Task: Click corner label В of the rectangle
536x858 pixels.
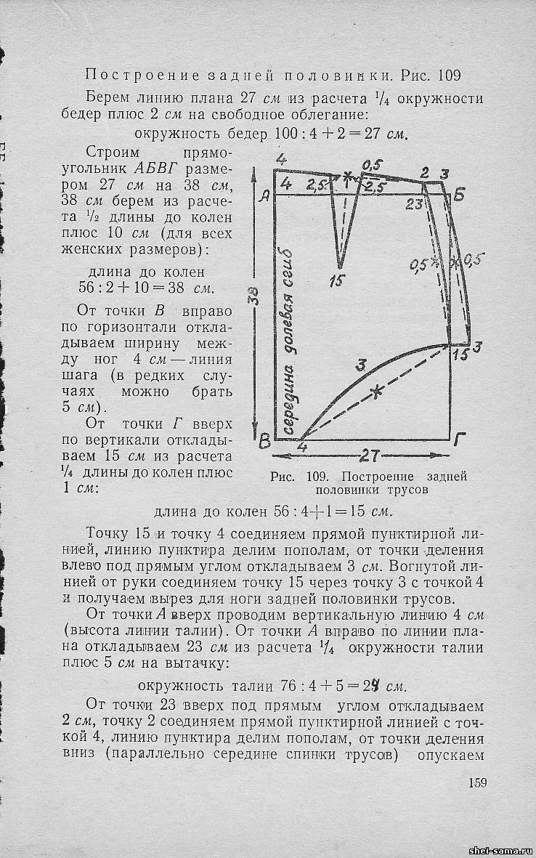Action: point(265,440)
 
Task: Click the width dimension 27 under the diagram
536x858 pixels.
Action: point(370,457)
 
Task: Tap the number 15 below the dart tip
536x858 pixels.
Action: point(336,280)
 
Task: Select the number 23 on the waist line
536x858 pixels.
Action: point(415,204)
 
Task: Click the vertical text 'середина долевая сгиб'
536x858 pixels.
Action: point(291,341)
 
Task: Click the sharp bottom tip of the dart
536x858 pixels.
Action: point(339,267)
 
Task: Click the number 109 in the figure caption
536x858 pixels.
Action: point(318,477)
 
